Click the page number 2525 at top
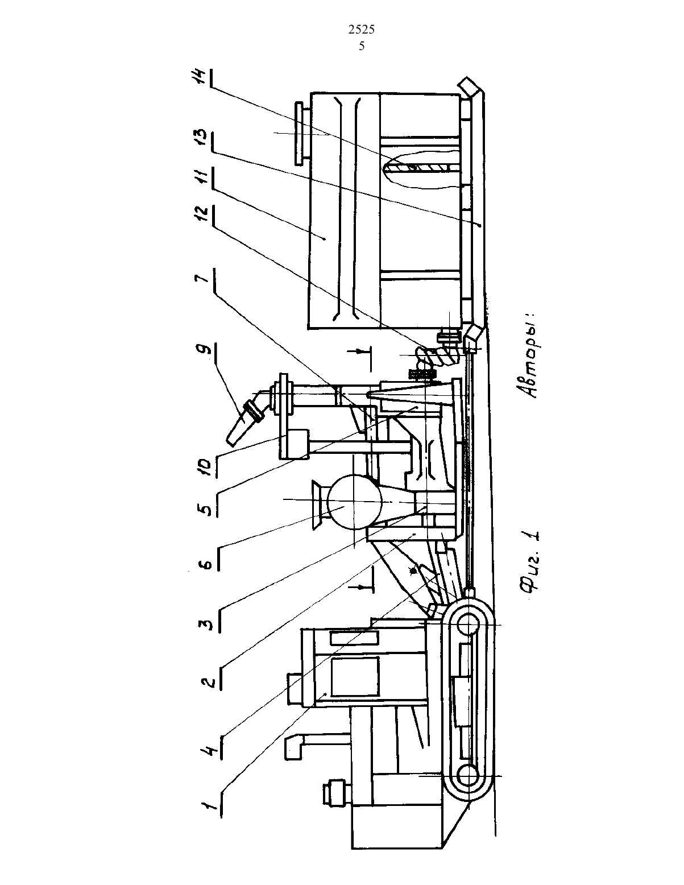click(x=362, y=30)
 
